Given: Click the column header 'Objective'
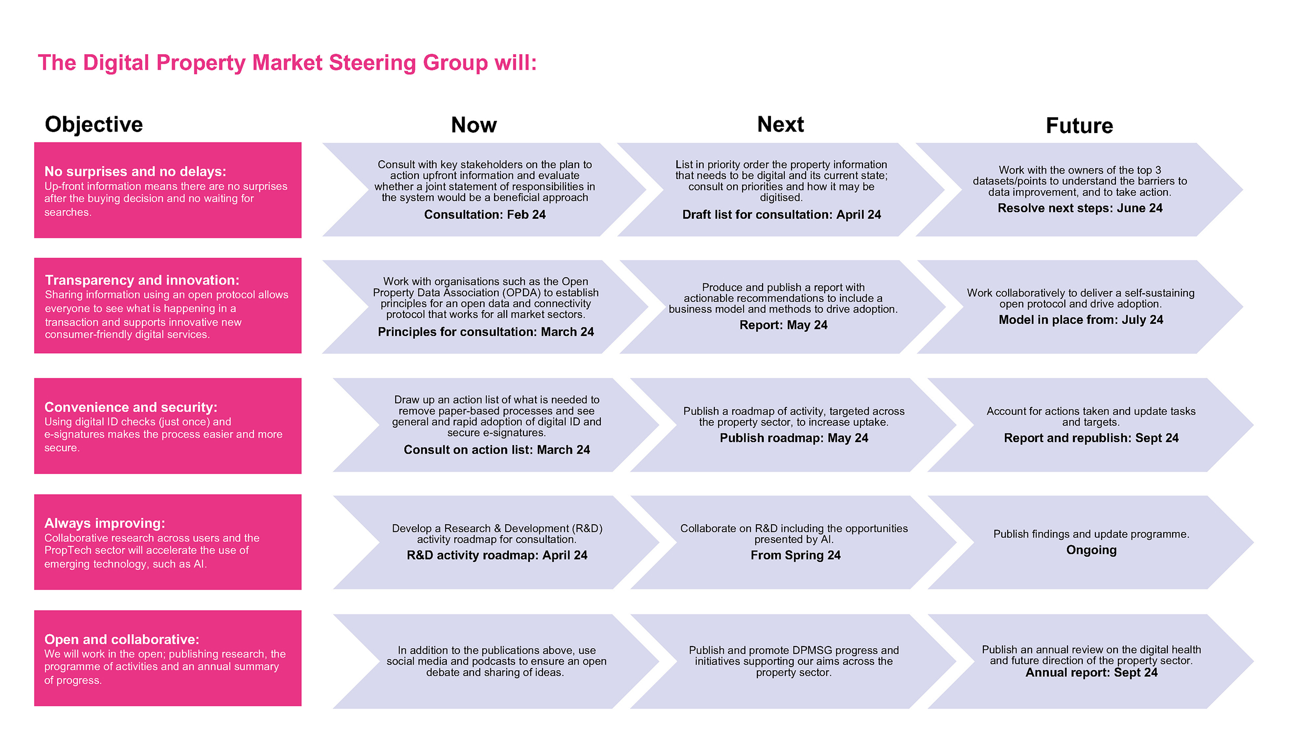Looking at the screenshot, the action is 94,125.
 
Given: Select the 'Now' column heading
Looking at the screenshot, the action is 474,125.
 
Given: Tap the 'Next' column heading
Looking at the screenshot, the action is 781,125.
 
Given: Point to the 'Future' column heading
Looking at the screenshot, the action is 1079,126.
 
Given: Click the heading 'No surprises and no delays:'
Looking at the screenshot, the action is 135,171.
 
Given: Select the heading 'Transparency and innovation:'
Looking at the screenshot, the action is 142,280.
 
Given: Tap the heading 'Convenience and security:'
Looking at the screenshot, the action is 131,407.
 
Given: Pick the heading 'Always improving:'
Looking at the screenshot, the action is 105,524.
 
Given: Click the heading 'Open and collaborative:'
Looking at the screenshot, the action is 122,639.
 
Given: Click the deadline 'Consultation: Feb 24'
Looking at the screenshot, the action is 485,214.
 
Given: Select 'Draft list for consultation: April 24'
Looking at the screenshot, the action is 782,214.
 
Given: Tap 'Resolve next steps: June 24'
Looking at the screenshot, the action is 1080,208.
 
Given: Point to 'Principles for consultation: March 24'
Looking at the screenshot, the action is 486,332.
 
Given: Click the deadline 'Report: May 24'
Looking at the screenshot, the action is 783,325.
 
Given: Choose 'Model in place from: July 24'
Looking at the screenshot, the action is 1081,320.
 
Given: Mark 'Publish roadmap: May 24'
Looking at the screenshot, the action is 794,438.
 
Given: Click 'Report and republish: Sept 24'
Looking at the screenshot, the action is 1091,438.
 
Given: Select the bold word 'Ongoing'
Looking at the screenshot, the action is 1091,550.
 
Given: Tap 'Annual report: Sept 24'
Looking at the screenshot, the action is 1091,673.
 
